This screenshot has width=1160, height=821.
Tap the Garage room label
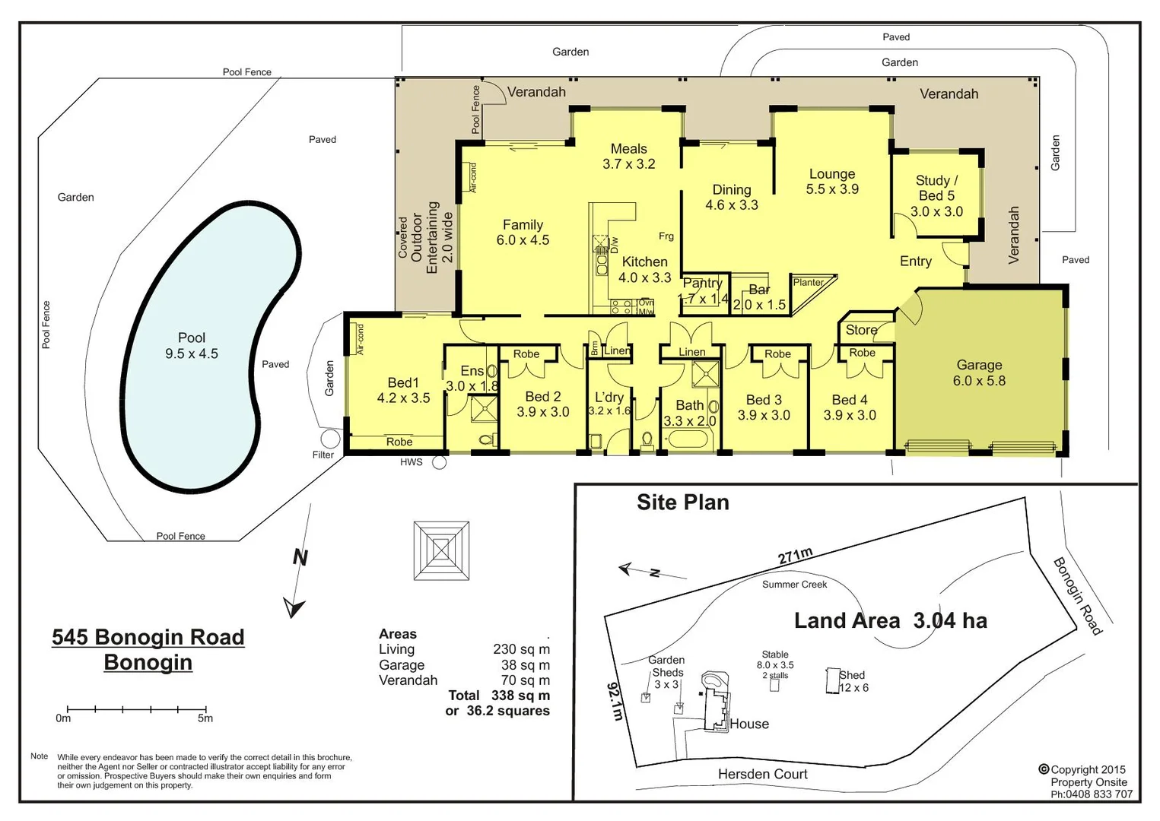pos(979,372)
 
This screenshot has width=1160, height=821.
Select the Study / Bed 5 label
pos(936,196)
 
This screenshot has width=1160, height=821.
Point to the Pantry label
pos(702,283)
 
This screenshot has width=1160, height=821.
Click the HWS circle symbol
pos(439,461)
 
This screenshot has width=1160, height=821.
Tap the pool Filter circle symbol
pos(330,439)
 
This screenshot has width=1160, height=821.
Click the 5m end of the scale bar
pos(205,710)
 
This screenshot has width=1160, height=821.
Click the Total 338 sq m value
pos(520,696)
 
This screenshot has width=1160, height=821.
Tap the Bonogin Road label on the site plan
pos(1077,596)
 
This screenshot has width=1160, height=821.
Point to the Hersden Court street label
pos(762,774)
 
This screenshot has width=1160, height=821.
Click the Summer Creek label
pos(794,585)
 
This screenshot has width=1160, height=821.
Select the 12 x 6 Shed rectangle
pos(832,680)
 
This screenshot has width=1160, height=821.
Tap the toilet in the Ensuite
pos(486,439)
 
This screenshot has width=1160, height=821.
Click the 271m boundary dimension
pos(795,556)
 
